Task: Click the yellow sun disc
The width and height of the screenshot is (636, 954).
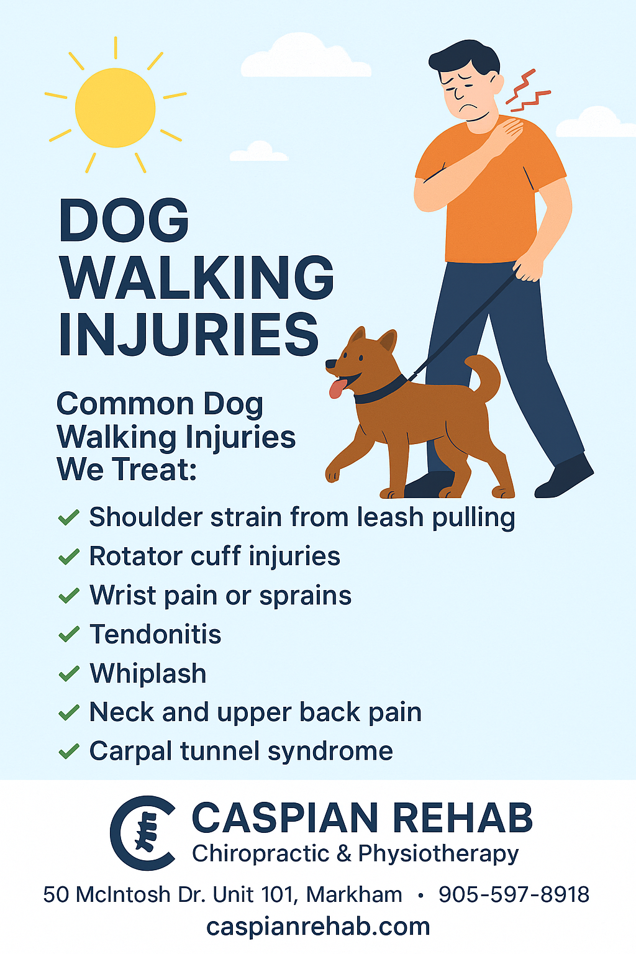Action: pyautogui.click(x=115, y=107)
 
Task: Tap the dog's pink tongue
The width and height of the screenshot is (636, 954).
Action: pyautogui.click(x=337, y=388)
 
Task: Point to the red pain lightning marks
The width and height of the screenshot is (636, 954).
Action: pyautogui.click(x=527, y=89)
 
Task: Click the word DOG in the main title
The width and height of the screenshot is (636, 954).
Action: pyautogui.click(x=124, y=220)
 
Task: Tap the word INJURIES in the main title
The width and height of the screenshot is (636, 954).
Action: pyautogui.click(x=188, y=334)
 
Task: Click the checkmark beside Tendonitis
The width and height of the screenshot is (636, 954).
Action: pyautogui.click(x=68, y=635)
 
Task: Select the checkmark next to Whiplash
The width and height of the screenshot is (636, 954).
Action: pyautogui.click(x=68, y=674)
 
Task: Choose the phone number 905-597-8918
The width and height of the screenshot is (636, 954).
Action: pyautogui.click(x=514, y=894)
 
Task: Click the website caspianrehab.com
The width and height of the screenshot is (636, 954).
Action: pyautogui.click(x=318, y=926)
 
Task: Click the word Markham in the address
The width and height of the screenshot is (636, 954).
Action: pyautogui.click(x=354, y=894)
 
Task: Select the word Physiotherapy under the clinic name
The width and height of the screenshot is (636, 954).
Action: pyautogui.click(x=438, y=854)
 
